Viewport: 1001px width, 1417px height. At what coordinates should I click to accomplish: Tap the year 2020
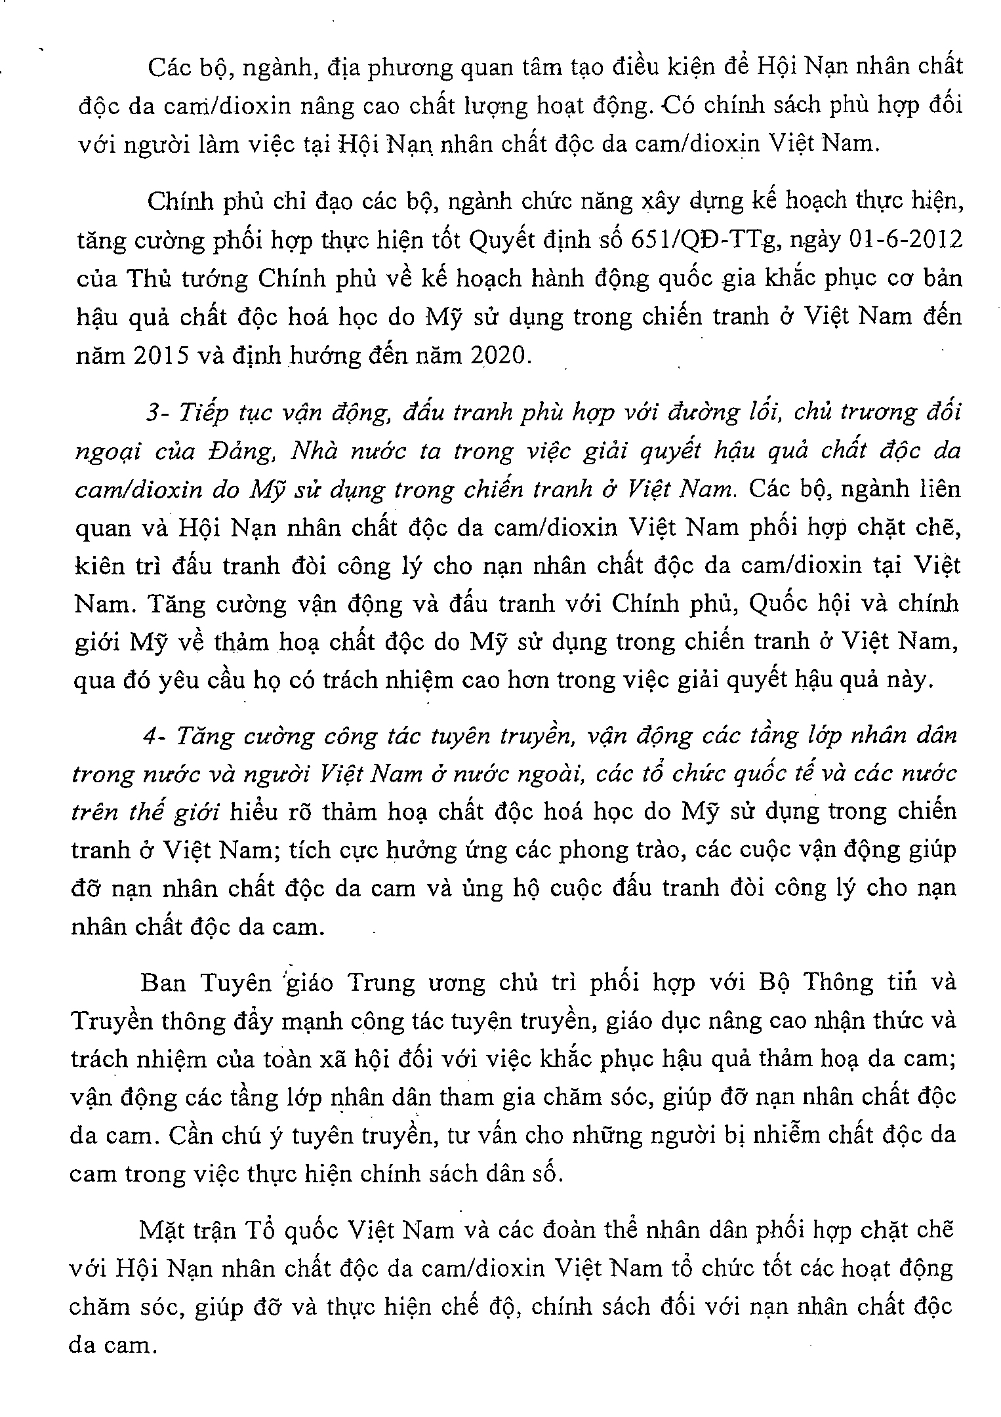(x=499, y=355)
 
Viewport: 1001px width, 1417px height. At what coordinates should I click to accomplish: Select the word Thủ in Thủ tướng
(x=149, y=278)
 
